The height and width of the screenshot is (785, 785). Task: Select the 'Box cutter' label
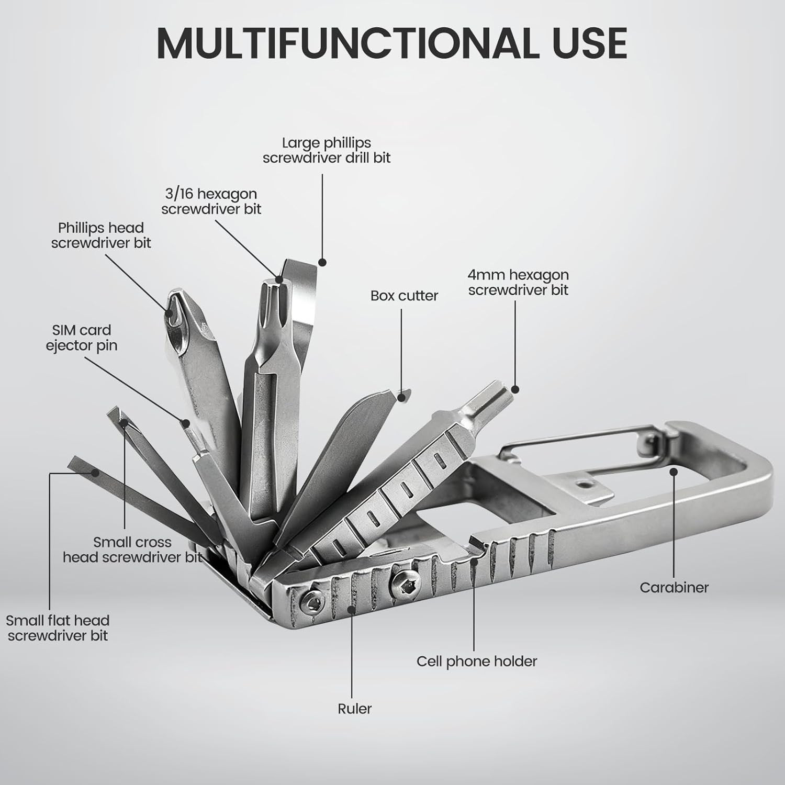(x=404, y=296)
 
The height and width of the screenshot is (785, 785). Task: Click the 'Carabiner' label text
(x=674, y=587)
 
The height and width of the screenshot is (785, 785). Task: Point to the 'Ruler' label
(x=355, y=709)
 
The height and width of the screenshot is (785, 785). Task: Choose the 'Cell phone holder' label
(x=477, y=661)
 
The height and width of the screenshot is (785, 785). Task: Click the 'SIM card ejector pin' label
(x=82, y=338)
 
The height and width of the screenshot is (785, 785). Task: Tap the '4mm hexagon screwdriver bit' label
(x=518, y=282)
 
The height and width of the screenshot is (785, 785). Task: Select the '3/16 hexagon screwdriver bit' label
(x=211, y=201)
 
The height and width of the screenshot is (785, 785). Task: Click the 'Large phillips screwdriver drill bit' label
(x=327, y=150)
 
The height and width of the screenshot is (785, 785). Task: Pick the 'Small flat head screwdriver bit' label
(x=58, y=628)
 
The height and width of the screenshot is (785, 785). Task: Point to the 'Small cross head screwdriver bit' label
(x=132, y=549)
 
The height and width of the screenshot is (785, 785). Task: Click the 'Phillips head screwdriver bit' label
(x=101, y=235)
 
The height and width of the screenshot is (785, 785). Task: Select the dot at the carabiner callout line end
(x=675, y=472)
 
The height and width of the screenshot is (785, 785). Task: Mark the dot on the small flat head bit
(x=95, y=472)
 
